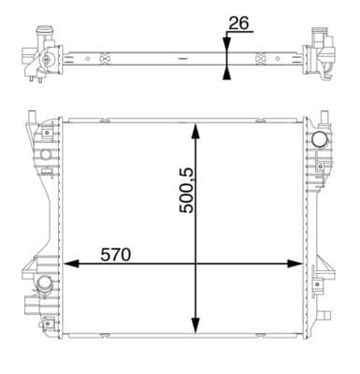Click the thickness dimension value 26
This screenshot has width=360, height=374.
pos(238,22)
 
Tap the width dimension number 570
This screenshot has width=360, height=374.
pos(117,253)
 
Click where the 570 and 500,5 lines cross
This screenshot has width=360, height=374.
pos(194,264)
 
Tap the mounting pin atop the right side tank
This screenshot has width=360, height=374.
pos(323,121)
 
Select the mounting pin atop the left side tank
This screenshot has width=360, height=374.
pos(31,121)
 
